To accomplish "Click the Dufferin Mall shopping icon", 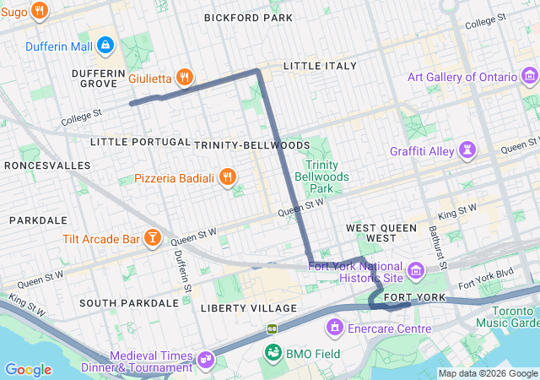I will [105, 44].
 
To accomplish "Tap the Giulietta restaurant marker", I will [186, 78].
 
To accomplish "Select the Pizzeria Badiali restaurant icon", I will [227, 177].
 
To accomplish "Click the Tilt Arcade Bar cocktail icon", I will [153, 239].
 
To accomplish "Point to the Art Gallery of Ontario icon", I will [529, 77].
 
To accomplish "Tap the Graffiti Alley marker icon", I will [467, 151].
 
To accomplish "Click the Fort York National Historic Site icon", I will [415, 271].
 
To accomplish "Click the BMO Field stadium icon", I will [273, 351].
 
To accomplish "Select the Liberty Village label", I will [248, 308].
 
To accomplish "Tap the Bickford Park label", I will [248, 17].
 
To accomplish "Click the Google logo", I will [28, 370].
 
